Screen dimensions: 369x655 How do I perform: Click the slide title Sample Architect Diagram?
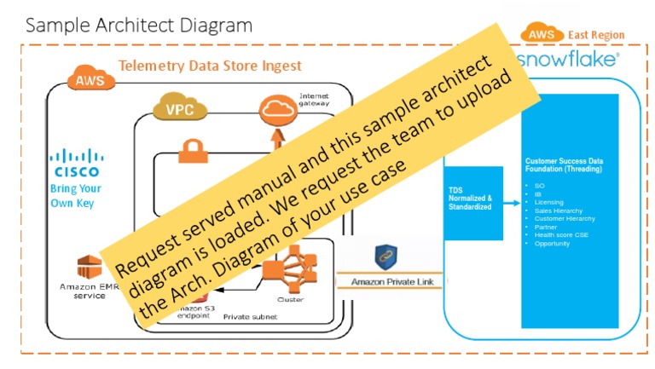(x=139, y=25)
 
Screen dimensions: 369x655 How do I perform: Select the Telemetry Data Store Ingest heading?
(x=210, y=66)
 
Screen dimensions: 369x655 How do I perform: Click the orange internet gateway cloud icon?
(x=275, y=107)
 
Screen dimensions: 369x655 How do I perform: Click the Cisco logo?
(x=76, y=161)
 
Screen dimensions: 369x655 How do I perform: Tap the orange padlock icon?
(x=190, y=153)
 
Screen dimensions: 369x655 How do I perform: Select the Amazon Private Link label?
(x=385, y=281)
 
